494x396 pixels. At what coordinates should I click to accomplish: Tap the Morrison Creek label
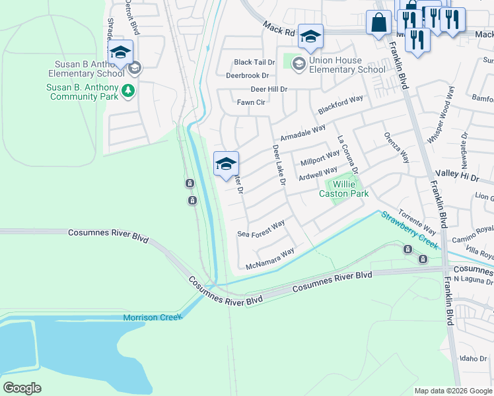[x=151, y=317]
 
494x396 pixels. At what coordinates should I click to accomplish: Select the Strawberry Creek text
[x=409, y=228]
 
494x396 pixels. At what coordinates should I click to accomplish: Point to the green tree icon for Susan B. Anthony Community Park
[x=128, y=91]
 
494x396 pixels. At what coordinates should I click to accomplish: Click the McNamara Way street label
[x=269, y=259]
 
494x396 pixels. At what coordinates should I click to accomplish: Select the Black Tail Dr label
[x=252, y=63]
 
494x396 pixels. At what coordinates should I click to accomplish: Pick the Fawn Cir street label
[x=251, y=102]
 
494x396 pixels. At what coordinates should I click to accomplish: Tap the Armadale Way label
[x=303, y=133]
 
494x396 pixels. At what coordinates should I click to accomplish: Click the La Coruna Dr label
[x=347, y=155]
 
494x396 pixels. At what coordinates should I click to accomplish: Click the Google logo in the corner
[x=22, y=387]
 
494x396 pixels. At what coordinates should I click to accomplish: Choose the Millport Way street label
[x=320, y=160]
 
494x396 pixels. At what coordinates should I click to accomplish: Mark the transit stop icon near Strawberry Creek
[x=408, y=249]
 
